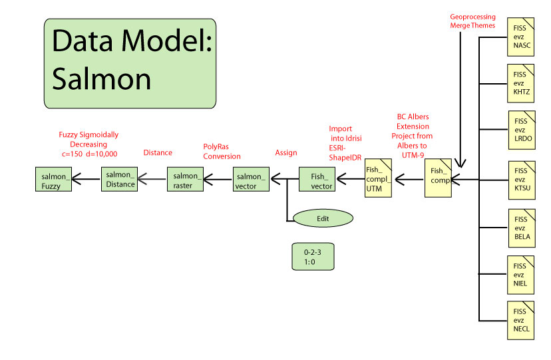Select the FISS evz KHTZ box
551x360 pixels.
pyautogui.click(x=521, y=83)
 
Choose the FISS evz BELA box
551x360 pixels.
pyautogui.click(x=521, y=227)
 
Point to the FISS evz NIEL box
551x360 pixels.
pyautogui.click(x=521, y=274)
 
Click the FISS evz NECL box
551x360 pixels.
pyautogui.click(x=521, y=319)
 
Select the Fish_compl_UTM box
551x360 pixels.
pyautogui.click(x=378, y=180)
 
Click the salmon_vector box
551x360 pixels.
pyautogui.click(x=251, y=180)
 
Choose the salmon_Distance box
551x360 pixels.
pyautogui.click(x=120, y=179)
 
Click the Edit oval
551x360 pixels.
pyautogui.click(x=323, y=218)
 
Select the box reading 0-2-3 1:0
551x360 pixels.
pyautogui.click(x=312, y=257)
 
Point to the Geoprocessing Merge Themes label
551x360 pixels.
pyautogui.click(x=472, y=20)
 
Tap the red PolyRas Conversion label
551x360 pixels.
pyautogui.click(x=222, y=151)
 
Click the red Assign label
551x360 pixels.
pyautogui.click(x=286, y=152)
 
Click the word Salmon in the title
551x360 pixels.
pyautogui.click(x=102, y=79)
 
